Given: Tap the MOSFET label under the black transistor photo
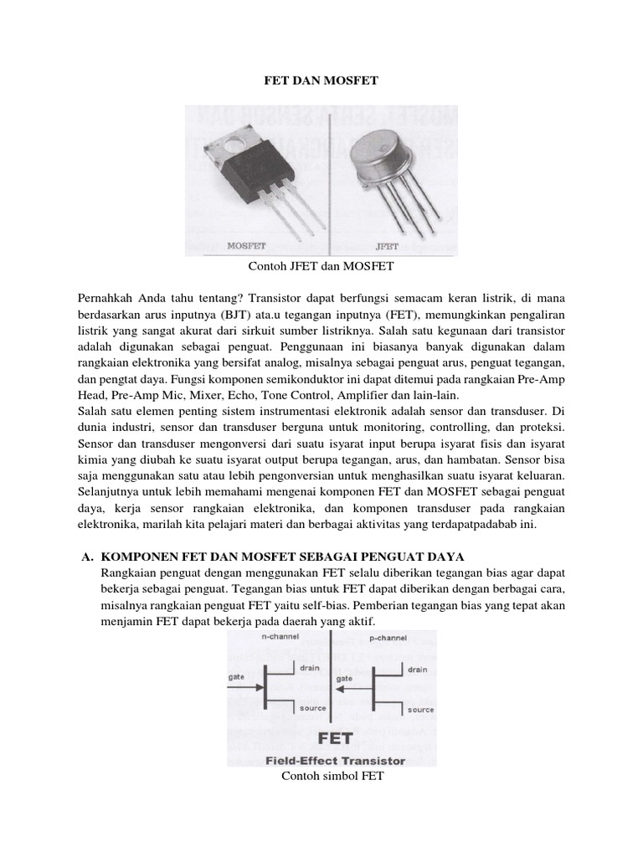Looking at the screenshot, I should (247, 246).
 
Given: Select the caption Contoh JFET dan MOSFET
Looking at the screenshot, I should (321, 267).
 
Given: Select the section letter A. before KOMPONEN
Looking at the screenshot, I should (85, 557).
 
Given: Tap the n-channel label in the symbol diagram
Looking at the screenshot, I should (282, 637).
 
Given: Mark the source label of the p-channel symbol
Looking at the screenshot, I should (420, 710).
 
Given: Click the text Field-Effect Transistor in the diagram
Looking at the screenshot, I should (335, 761).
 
